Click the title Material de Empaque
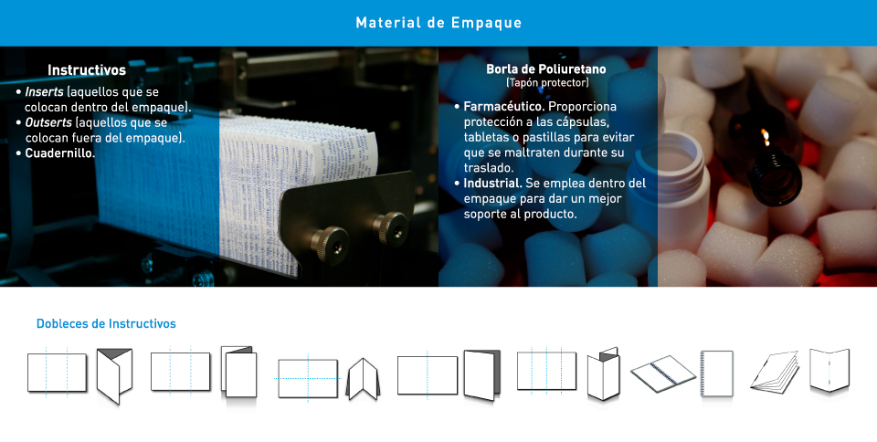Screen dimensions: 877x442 pos(438,23)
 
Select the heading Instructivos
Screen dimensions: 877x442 pos(87,69)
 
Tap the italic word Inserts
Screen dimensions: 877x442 pos(44,91)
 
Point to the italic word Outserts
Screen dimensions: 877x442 pos(48,122)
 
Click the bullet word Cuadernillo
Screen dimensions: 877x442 pos(60,153)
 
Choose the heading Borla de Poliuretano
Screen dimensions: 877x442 pos(546,69)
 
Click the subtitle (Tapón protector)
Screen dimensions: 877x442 pos(547,83)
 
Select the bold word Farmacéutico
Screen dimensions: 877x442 pos(504,106)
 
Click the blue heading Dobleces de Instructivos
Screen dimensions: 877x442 pos(106,323)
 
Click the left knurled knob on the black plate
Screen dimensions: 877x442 pos(330,244)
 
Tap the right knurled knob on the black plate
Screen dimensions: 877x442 pos(390,227)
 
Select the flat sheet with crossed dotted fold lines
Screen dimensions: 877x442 pos(308,378)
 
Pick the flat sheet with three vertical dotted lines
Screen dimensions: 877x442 pos(546,371)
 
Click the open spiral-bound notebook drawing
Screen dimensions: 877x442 pos(663,374)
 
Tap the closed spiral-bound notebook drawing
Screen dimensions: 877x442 pos(716,374)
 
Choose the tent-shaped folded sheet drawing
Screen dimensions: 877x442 pos(363,379)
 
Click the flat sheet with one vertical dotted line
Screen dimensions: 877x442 pos(428,375)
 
